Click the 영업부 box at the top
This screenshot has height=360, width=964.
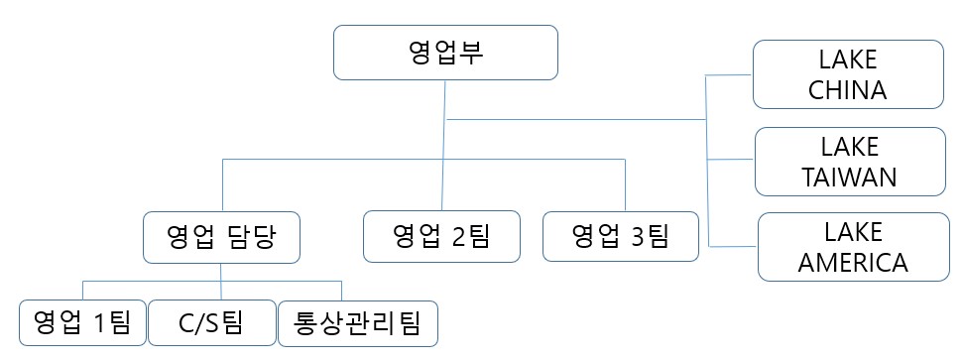coord(445,54)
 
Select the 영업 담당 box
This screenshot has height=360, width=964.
coord(221,236)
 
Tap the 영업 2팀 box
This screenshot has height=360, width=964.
coord(441,236)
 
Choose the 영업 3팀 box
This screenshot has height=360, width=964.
coord(621,236)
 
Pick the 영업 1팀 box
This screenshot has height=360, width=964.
coord(82,322)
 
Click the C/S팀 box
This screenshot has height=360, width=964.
coord(210,322)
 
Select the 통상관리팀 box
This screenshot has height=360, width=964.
coord(357,322)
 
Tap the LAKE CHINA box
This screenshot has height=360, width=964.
coord(847,74)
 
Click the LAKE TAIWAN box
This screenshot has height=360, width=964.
coord(850,162)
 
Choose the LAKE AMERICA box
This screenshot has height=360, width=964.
coord(852,247)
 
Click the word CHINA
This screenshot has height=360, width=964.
coord(847,91)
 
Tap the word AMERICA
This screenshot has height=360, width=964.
coord(852,263)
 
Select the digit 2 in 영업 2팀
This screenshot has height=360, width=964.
coord(457,236)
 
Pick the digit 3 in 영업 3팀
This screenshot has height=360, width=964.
coord(637,236)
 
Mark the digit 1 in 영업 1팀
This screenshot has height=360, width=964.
coord(99,322)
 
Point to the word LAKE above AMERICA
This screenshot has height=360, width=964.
coord(852,232)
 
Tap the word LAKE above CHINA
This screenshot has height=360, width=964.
coord(847,60)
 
